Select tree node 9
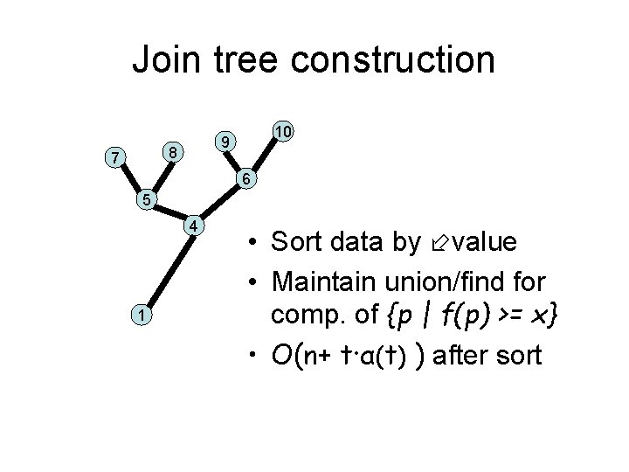[225, 141]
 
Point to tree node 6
[247, 179]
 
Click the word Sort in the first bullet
[299, 242]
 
